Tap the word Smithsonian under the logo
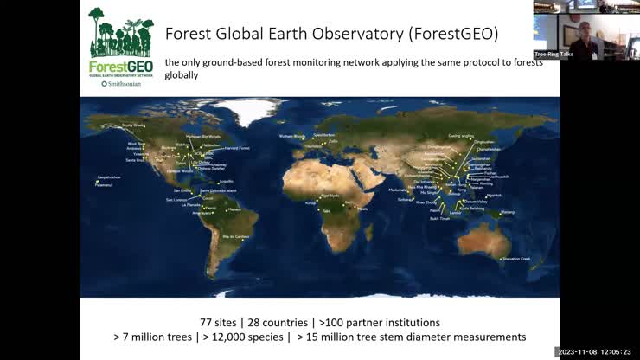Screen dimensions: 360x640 [x=123, y=85]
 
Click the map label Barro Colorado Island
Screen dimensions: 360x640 [x=218, y=190]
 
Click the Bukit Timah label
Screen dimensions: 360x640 [x=439, y=219]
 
